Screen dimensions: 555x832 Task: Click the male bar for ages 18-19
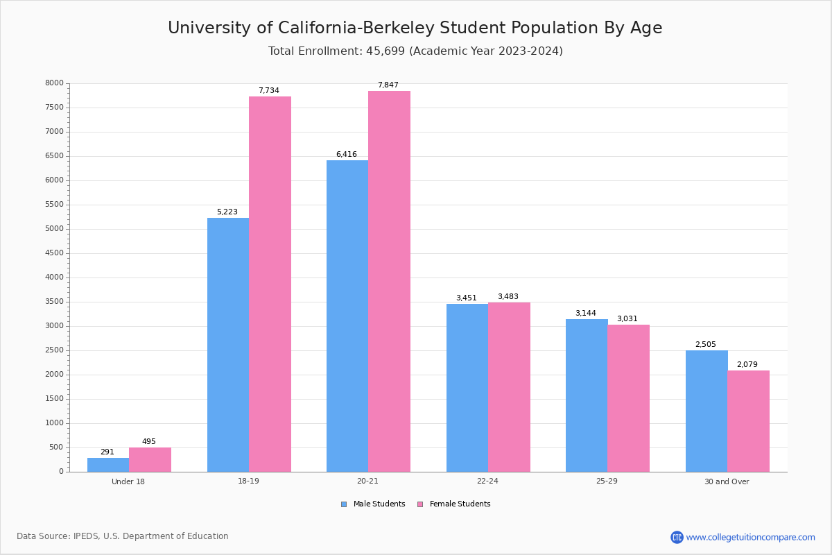(x=227, y=345)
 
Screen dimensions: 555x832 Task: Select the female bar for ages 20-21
(x=389, y=281)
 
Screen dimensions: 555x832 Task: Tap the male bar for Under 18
(x=108, y=465)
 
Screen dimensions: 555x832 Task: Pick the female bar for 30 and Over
(x=748, y=421)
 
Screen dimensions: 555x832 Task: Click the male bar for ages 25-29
(x=587, y=395)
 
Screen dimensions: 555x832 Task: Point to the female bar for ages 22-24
(x=509, y=387)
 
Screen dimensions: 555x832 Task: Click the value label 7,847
(x=388, y=85)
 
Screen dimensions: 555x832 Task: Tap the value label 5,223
(x=227, y=212)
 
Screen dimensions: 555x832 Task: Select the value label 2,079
(x=747, y=365)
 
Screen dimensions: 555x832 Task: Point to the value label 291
(x=107, y=452)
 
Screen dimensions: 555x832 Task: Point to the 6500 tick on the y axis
(x=55, y=156)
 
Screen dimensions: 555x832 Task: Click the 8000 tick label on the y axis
(x=55, y=83)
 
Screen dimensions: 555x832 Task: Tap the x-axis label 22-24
(x=487, y=481)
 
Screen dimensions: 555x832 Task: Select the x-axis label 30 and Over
(x=727, y=481)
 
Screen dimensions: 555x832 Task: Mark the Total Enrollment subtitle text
(x=415, y=51)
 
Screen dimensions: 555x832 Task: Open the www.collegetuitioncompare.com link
(x=750, y=537)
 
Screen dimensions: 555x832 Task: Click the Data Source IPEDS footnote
(x=123, y=536)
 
